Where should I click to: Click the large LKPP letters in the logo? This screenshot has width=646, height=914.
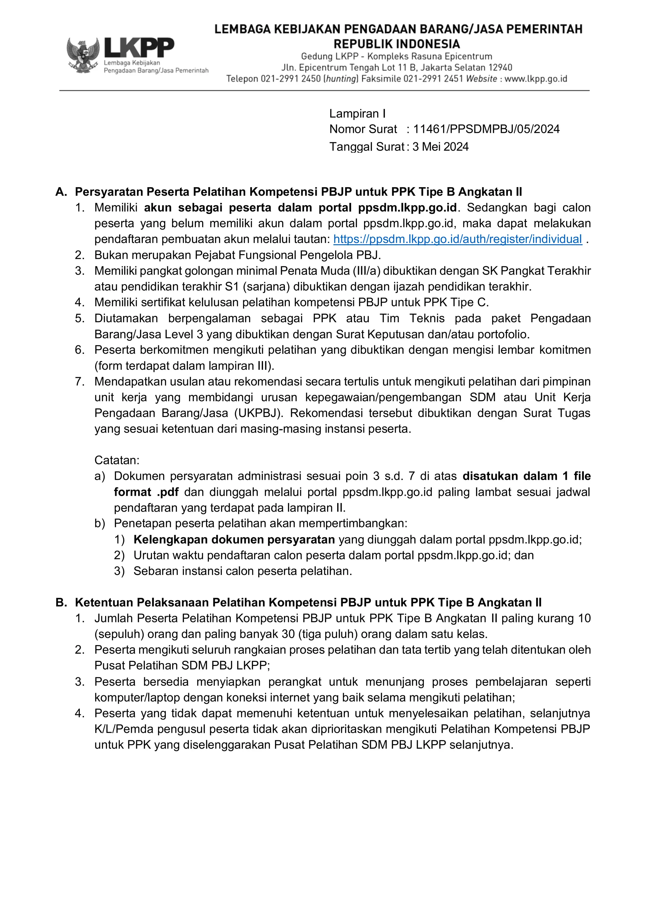pos(139,48)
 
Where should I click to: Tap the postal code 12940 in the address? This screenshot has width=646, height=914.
pos(500,68)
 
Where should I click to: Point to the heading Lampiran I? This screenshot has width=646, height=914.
pos(357,114)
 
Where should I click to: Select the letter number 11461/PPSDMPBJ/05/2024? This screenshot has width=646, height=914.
pos(486,129)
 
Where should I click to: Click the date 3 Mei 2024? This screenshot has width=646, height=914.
pos(440,147)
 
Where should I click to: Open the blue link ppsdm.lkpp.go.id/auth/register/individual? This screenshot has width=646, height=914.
pos(457,239)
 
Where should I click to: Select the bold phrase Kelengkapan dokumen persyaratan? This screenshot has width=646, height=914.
pos(234,540)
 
